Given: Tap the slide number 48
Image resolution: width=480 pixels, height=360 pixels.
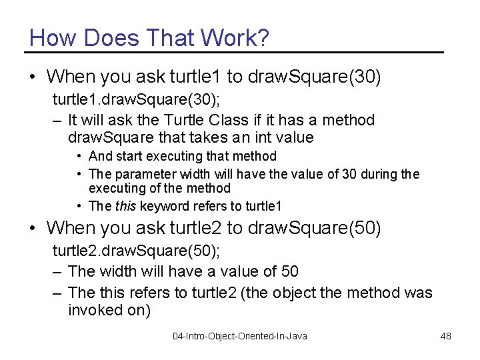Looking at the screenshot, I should point(446,336).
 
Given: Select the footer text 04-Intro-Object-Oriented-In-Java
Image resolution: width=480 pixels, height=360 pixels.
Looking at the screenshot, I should point(240,336).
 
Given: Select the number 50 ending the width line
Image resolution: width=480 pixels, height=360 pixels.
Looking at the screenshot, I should point(290,271).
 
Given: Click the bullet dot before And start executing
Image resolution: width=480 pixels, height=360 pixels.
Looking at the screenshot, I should point(79,156).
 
